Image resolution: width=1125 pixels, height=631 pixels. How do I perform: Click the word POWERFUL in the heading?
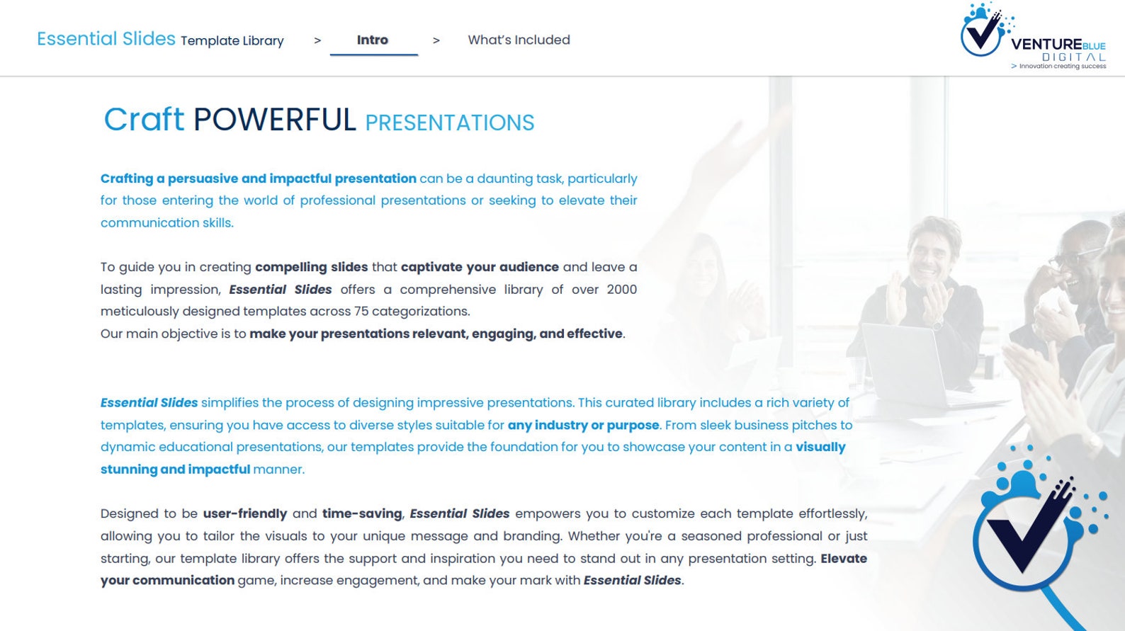274,120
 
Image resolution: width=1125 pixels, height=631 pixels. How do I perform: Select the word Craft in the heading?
144,120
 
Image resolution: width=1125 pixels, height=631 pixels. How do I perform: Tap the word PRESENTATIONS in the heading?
449,123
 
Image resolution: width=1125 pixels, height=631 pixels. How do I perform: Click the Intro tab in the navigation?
373,40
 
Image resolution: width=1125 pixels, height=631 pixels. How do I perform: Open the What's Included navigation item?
519,40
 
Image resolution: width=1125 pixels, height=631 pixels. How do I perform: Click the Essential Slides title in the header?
106,39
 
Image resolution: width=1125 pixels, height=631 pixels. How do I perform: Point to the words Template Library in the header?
232,41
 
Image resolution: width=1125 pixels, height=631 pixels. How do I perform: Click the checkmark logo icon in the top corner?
983,30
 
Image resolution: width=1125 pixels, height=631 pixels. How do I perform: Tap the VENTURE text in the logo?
1046,44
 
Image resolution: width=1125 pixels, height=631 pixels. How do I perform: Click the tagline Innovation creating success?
1062,67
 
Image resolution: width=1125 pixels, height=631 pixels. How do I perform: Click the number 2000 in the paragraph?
621,290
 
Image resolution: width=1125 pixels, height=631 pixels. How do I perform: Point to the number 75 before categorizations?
361,312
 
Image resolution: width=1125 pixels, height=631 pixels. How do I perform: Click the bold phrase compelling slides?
311,267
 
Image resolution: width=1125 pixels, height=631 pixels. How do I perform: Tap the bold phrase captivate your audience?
480,267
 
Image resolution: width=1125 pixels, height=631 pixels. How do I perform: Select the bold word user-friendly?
245,513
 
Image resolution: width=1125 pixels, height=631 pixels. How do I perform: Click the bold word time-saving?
362,513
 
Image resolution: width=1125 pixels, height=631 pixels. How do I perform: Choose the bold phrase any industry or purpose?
583,425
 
